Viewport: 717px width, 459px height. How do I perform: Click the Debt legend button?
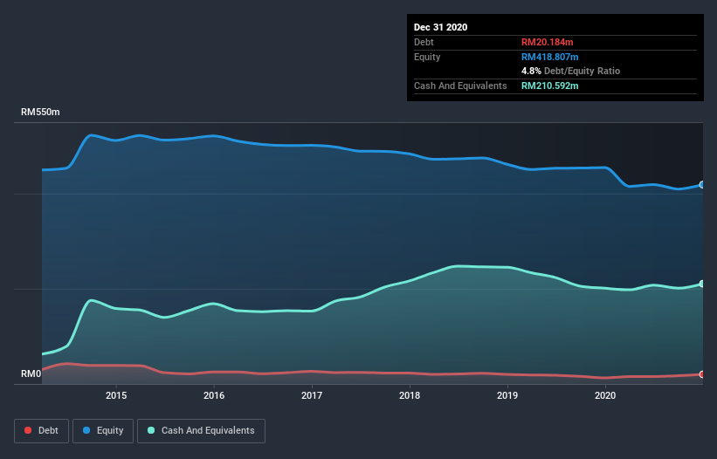pyautogui.click(x=40, y=430)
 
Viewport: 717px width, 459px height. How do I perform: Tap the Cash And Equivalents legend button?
pyautogui.click(x=201, y=430)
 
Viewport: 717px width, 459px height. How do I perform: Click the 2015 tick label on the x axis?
pyautogui.click(x=116, y=396)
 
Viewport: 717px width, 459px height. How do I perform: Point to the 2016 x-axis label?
pyautogui.click(x=214, y=396)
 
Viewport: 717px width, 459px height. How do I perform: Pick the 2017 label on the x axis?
pyautogui.click(x=312, y=396)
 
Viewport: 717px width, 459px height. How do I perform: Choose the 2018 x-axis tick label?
pyautogui.click(x=410, y=396)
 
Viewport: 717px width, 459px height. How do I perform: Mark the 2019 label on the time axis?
pyautogui.click(x=507, y=396)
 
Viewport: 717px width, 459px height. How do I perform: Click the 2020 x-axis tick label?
pyautogui.click(x=605, y=396)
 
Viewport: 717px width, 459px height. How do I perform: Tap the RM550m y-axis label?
pyautogui.click(x=41, y=113)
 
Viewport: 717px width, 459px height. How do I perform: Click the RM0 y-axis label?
pyautogui.click(x=31, y=373)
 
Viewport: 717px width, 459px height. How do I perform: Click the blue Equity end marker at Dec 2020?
pyautogui.click(x=701, y=185)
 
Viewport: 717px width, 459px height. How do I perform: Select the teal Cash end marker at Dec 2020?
pyautogui.click(x=701, y=284)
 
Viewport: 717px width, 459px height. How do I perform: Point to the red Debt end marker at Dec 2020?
pyautogui.click(x=701, y=374)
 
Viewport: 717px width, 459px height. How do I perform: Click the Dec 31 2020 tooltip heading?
pyautogui.click(x=440, y=27)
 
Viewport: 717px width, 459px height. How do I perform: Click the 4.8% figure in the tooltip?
pyautogui.click(x=531, y=71)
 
